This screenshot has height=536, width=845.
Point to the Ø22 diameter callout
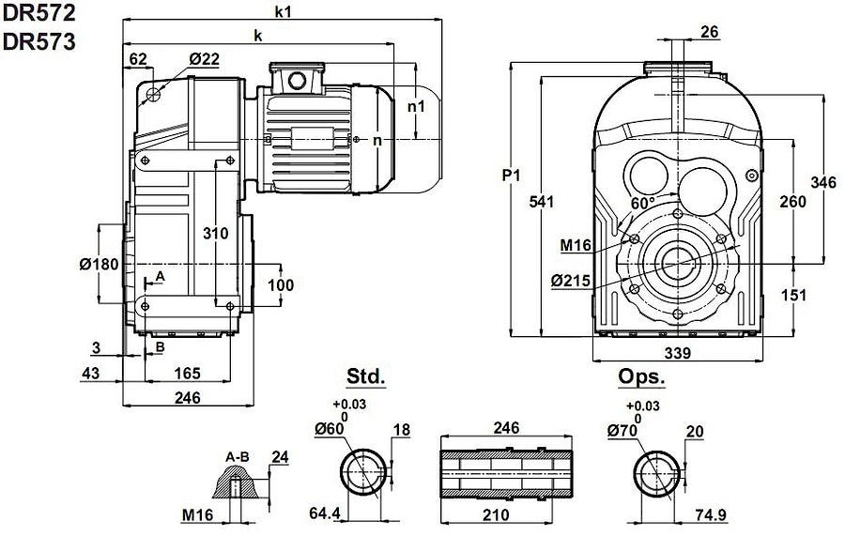(x=204, y=59)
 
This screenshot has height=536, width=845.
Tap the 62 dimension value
(x=138, y=59)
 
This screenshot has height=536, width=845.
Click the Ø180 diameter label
(x=100, y=264)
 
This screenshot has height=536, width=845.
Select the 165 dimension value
(x=187, y=374)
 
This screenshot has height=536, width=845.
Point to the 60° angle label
(x=643, y=203)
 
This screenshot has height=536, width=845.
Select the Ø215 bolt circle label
(x=570, y=280)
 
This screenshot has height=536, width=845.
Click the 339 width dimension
(x=677, y=353)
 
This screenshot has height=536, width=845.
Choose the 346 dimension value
(x=822, y=182)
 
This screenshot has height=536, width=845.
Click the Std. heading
(x=366, y=376)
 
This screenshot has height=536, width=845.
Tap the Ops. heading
(x=641, y=376)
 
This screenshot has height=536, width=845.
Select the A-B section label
(x=237, y=457)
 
